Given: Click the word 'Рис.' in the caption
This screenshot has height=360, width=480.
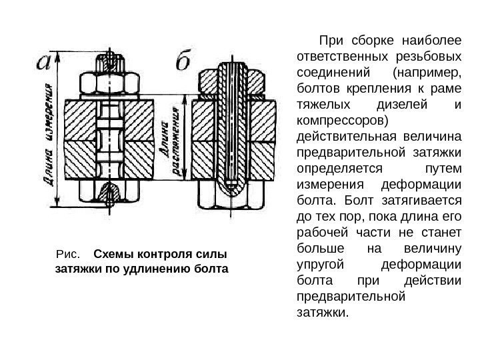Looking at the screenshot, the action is click(x=69, y=255).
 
